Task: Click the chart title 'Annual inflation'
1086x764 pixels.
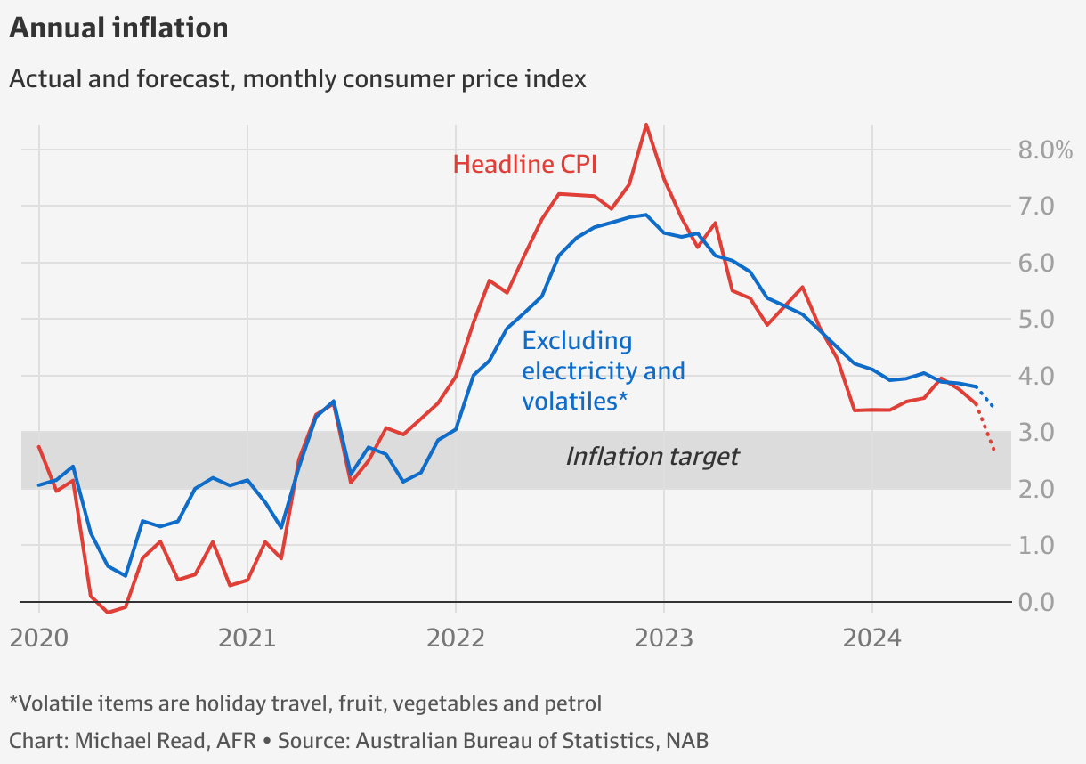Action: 118,28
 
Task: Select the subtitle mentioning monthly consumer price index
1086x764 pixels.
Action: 297,79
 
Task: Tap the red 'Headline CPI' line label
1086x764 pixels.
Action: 524,164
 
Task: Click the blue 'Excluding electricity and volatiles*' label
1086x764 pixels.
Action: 603,370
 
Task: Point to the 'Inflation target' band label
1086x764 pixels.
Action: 652,457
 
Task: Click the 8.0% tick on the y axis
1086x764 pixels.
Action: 1045,150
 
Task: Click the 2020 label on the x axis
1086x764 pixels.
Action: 39,638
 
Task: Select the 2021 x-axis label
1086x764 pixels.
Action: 247,638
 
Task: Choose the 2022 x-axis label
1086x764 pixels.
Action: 455,638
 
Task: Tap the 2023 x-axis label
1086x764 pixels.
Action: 663,638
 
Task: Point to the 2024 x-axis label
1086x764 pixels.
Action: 871,638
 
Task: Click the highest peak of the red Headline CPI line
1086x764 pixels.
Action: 646,125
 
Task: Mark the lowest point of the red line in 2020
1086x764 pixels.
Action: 108,613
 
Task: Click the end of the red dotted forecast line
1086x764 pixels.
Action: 993,450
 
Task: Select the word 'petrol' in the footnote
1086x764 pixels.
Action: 572,703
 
